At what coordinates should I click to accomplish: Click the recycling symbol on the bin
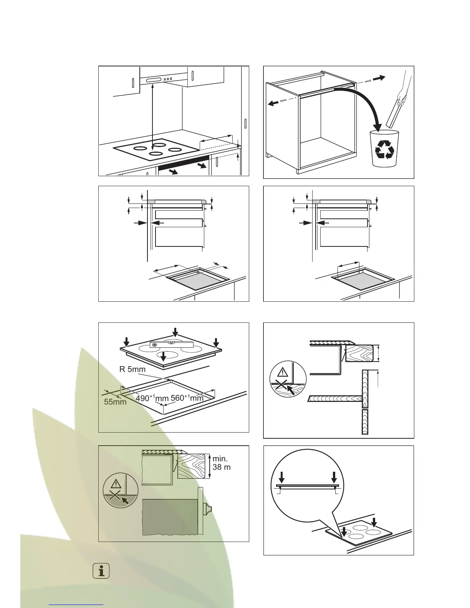coord(384,149)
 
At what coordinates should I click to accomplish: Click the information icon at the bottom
coord(101,571)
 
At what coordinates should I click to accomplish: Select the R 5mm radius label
coord(132,369)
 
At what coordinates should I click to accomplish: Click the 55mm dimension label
coord(115,402)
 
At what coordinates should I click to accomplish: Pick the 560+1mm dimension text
coord(187,398)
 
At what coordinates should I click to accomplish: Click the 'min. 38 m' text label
coord(222,463)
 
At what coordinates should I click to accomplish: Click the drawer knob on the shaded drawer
coord(208,509)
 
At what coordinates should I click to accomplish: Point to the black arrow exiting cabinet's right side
coord(379,78)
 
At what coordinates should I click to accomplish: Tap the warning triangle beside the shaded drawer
coord(116,484)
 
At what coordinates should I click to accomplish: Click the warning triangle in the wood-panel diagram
coord(283,372)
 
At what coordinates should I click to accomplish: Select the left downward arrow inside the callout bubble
coord(282,477)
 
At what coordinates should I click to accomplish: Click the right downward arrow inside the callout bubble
coord(334,477)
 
